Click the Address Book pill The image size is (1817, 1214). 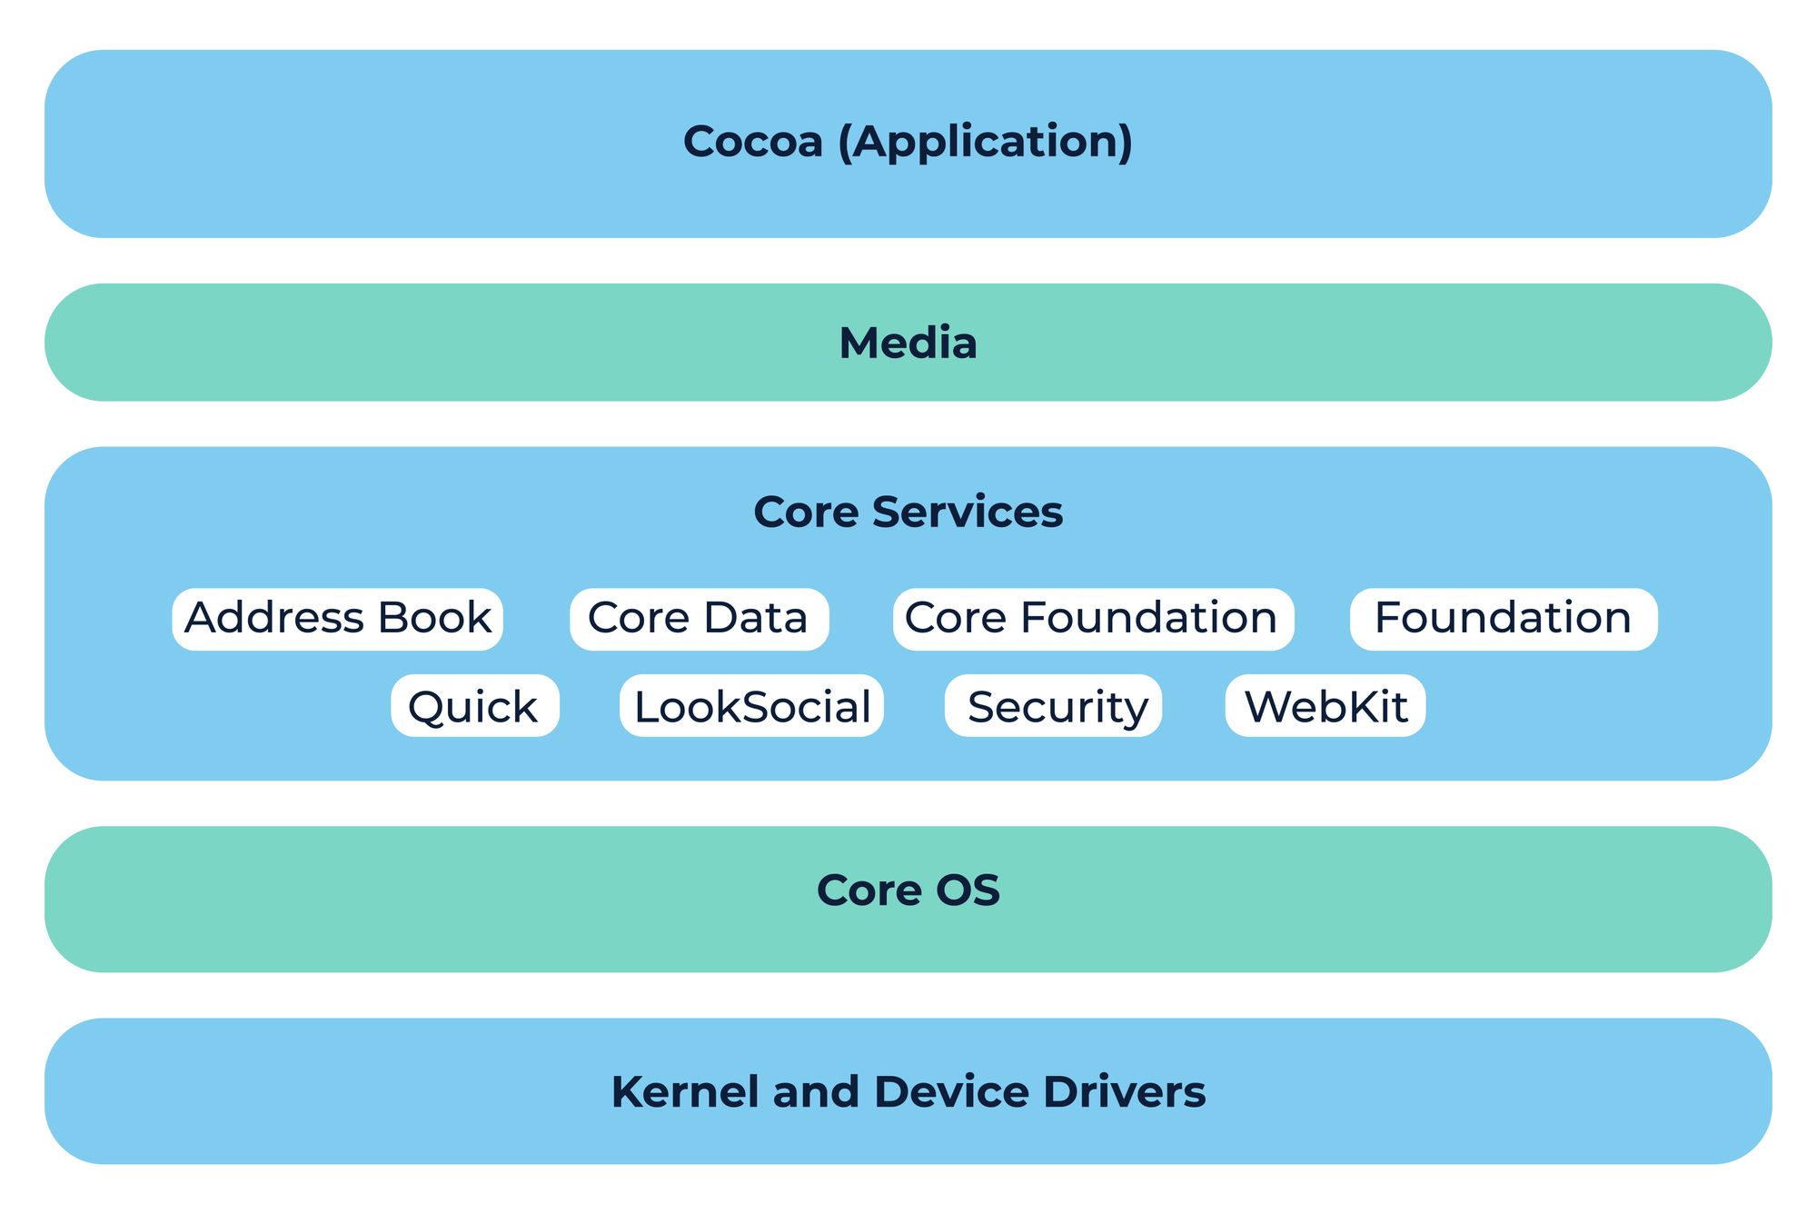[337, 619]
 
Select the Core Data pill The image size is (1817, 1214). [699, 619]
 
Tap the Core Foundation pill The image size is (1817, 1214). [1093, 619]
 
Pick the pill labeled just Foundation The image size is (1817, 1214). [1503, 619]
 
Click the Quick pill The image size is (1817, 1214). [474, 705]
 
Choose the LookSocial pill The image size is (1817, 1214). [751, 705]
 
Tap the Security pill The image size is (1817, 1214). [1053, 705]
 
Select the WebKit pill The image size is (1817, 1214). [1325, 705]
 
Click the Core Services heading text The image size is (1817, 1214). [908, 512]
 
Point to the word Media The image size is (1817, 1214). [908, 343]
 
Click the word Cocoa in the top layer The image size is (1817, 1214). [752, 142]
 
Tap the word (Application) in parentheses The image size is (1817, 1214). [985, 142]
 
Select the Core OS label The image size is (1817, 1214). [908, 890]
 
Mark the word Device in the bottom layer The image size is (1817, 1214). [952, 1091]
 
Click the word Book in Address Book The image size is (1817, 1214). [434, 619]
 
